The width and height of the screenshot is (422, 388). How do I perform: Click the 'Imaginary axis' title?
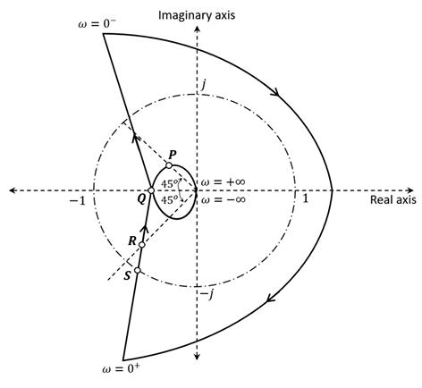[x=196, y=16]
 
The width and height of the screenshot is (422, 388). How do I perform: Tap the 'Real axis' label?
[x=393, y=202]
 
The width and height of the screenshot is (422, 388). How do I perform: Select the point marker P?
[x=169, y=165]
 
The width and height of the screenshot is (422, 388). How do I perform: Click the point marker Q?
[x=150, y=190]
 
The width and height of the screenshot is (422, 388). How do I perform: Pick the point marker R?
[x=142, y=244]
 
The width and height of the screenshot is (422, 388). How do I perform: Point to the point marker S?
[x=138, y=271]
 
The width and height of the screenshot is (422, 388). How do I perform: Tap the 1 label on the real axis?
[x=306, y=199]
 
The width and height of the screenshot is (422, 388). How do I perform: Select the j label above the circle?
[x=204, y=84]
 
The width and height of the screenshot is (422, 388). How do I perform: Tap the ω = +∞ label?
[x=223, y=181]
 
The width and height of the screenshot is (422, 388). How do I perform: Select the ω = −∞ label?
[x=223, y=199]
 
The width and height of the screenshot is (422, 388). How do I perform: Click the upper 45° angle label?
[x=169, y=184]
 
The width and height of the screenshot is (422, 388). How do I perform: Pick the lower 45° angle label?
[x=169, y=200]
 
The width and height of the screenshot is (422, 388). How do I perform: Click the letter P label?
[x=173, y=154]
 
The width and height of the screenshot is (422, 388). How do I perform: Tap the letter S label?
[x=127, y=276]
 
